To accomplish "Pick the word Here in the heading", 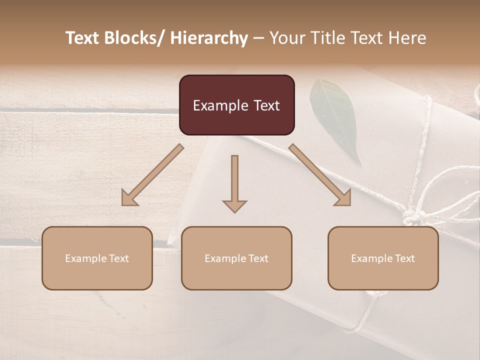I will (x=407, y=38).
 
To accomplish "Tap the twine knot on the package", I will (x=413, y=217).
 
